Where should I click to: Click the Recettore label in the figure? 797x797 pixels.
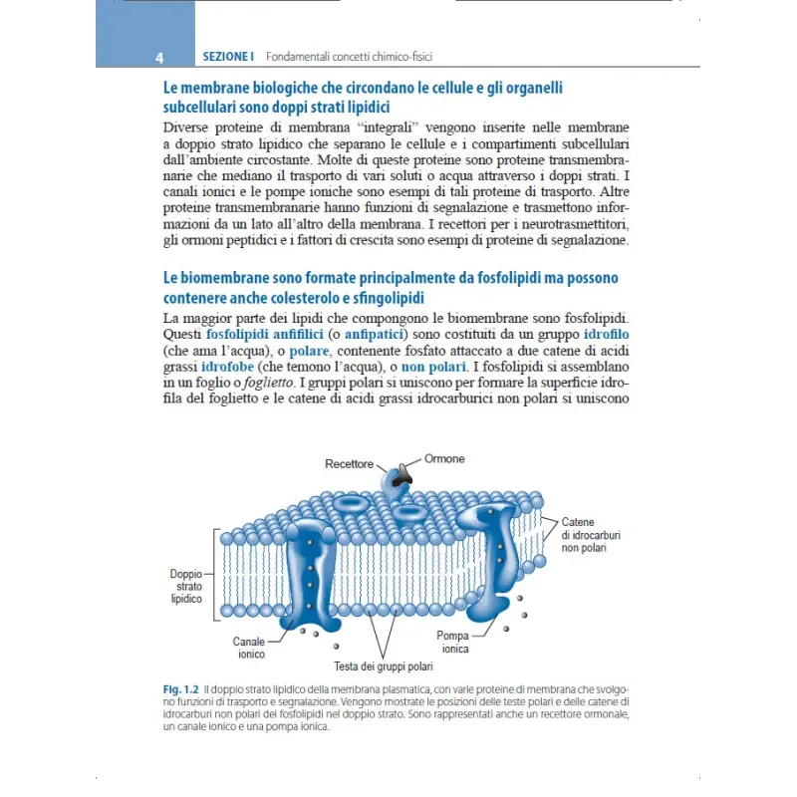point(349,464)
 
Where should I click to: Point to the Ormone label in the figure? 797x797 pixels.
point(444,459)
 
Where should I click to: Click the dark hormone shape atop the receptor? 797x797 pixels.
point(401,475)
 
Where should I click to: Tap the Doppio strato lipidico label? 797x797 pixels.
point(186,587)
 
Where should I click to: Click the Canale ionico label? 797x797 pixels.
point(249,649)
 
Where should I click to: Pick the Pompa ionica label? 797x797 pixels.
point(452,642)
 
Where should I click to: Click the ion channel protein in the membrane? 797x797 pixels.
point(310,568)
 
